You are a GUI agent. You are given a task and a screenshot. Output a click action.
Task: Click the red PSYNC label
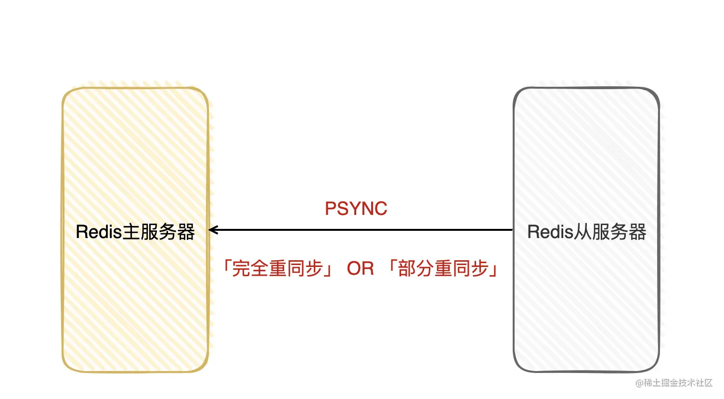click(x=356, y=209)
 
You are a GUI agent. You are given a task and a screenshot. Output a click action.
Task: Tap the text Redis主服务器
click(x=135, y=232)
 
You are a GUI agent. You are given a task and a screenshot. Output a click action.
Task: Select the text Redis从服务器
click(x=586, y=232)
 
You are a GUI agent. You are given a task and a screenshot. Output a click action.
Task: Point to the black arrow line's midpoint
click(x=361, y=230)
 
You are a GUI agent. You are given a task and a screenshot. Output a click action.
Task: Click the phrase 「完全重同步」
click(x=277, y=268)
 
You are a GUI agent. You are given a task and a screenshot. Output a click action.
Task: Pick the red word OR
click(x=360, y=268)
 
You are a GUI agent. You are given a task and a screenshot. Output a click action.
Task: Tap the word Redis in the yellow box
click(x=99, y=232)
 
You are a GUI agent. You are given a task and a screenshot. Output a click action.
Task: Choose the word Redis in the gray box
click(x=550, y=232)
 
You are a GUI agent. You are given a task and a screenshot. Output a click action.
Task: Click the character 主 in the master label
click(x=131, y=232)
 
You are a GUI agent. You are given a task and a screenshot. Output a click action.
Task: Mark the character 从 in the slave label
click(x=582, y=232)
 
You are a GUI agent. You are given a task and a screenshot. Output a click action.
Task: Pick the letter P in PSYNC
click(x=331, y=209)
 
